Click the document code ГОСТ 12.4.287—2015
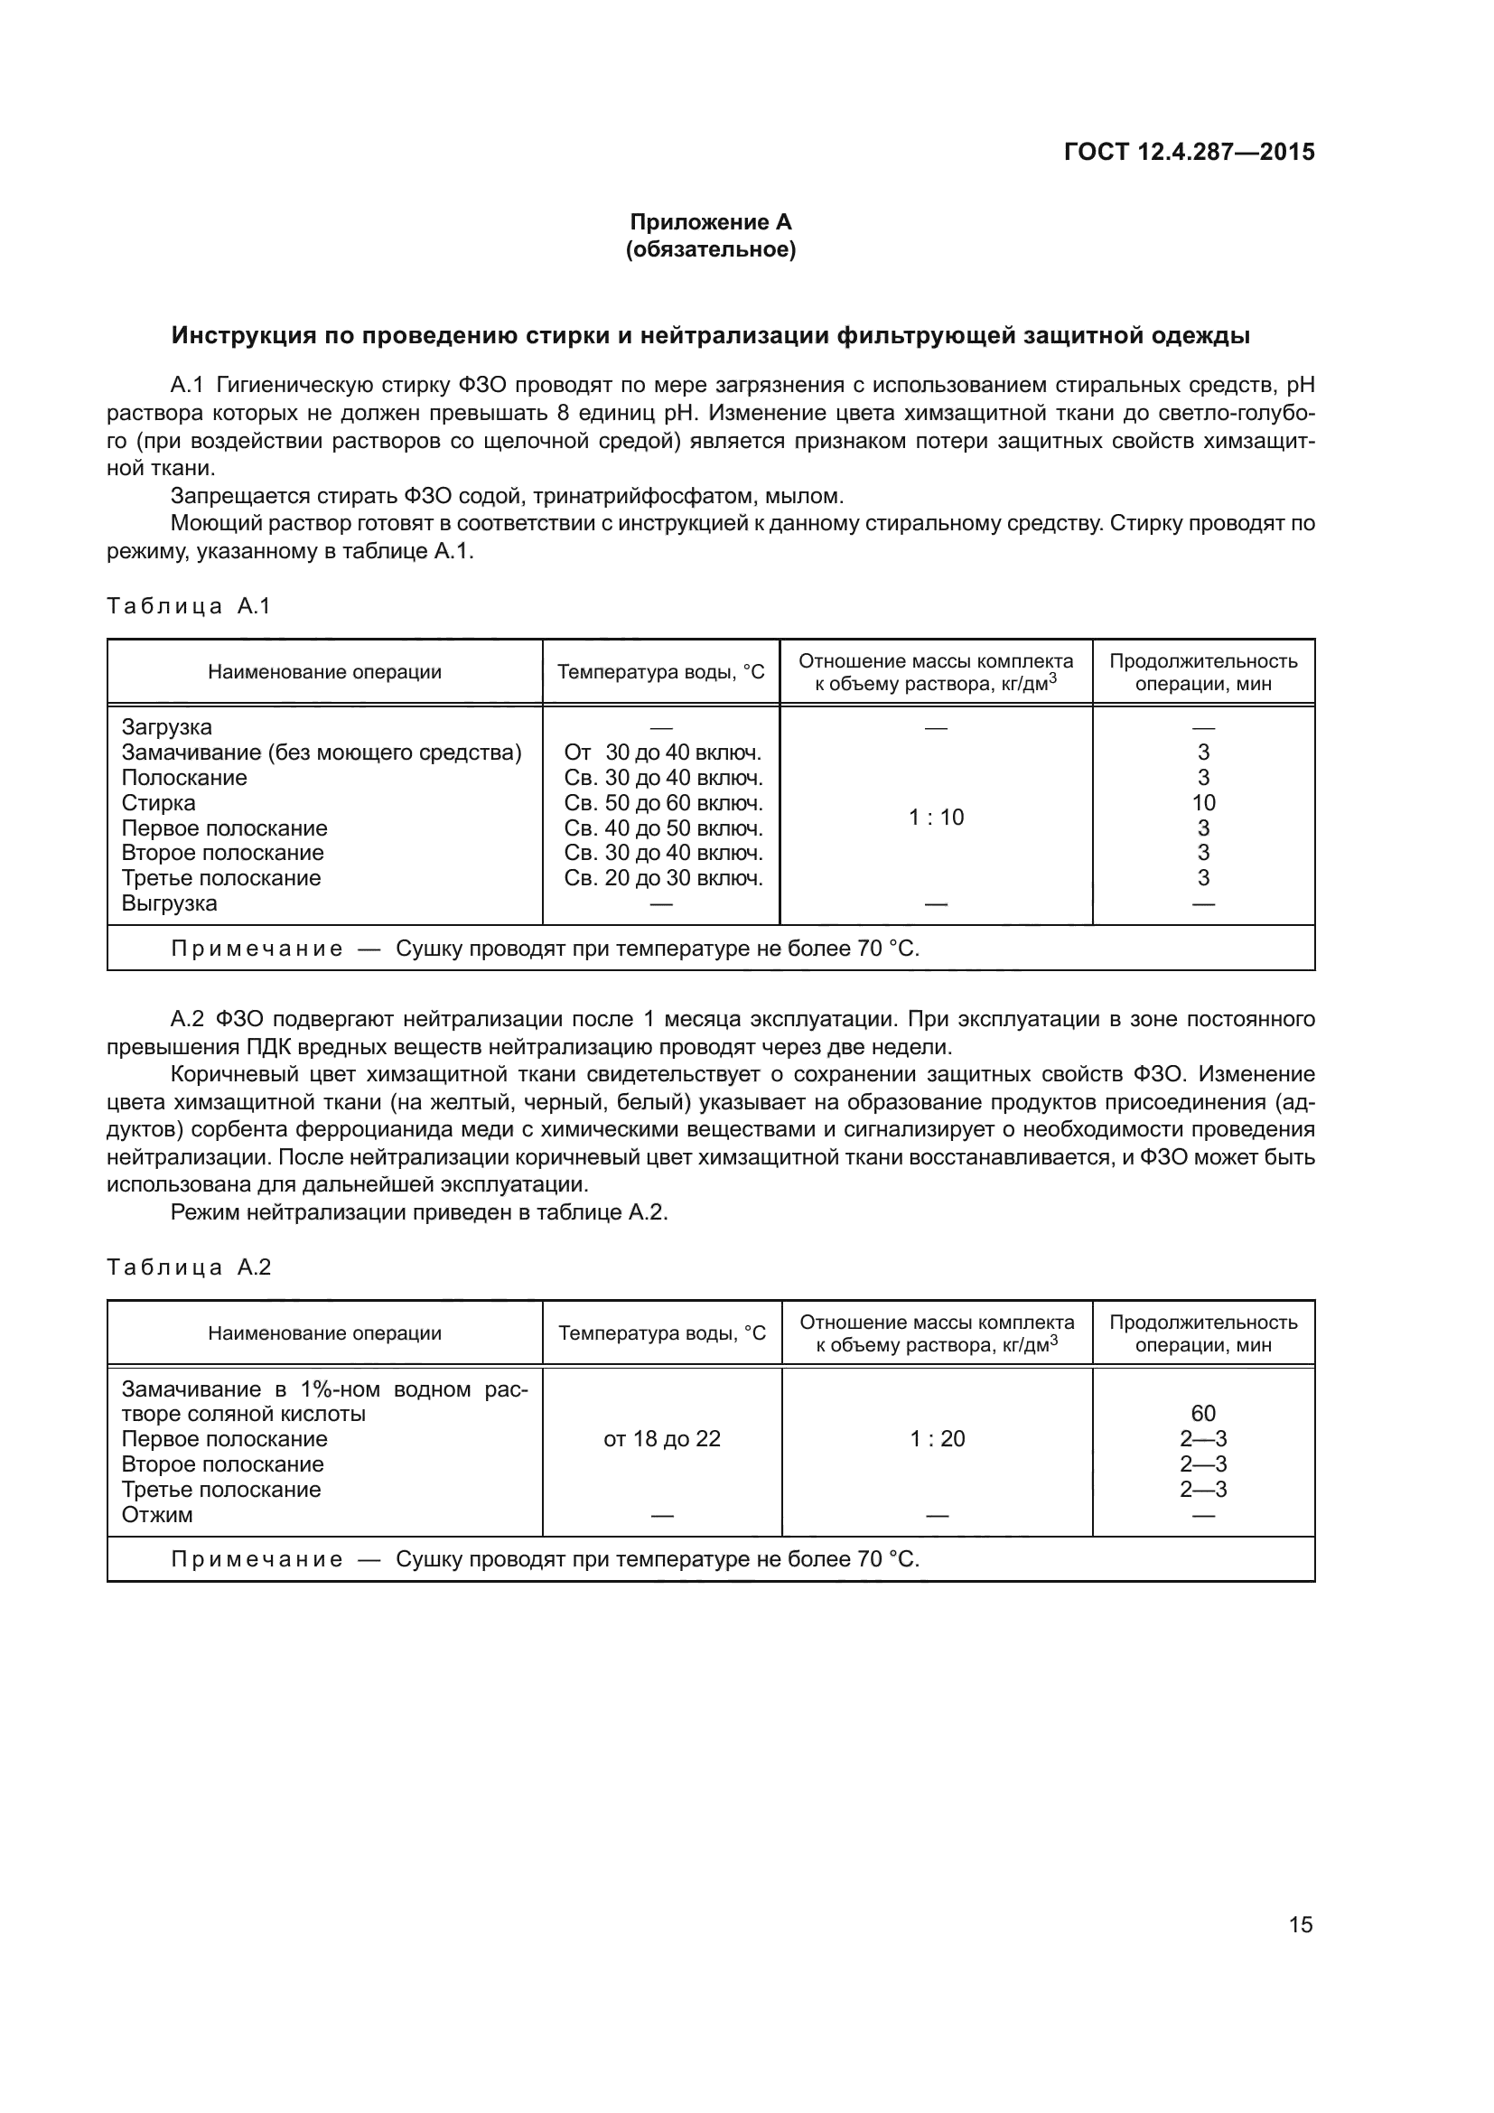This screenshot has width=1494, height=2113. (x=1189, y=152)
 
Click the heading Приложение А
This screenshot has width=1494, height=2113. (x=710, y=222)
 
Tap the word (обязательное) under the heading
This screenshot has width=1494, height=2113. (x=710, y=249)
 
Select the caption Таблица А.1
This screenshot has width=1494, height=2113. (x=189, y=605)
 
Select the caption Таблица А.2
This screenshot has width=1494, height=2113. (x=189, y=1267)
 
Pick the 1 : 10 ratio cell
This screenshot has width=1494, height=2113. (x=936, y=818)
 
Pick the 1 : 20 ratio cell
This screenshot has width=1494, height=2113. (x=938, y=1438)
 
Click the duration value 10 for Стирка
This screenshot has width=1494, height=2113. (x=1203, y=802)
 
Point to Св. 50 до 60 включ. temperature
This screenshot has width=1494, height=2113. (x=663, y=802)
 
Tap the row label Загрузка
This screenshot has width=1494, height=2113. (x=166, y=727)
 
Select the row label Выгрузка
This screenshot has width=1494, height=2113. (x=169, y=902)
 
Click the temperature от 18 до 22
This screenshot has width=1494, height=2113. (x=661, y=1438)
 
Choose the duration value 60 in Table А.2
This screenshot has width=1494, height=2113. (x=1203, y=1414)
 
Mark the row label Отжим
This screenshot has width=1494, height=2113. (x=157, y=1515)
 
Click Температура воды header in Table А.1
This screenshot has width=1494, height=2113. (x=660, y=672)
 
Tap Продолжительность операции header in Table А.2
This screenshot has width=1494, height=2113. (x=1203, y=1333)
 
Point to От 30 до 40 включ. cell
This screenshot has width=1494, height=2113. (x=662, y=753)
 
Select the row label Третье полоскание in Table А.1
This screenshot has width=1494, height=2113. (x=220, y=878)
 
